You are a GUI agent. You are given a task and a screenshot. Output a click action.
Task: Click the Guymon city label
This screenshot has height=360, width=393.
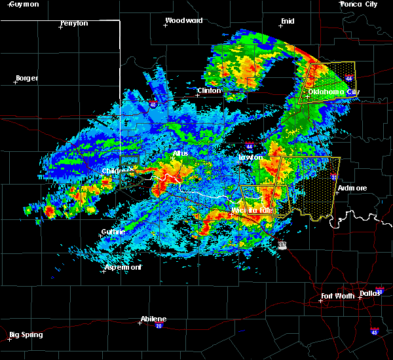(25, 4)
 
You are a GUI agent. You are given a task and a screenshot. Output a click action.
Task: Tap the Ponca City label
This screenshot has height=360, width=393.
(360, 4)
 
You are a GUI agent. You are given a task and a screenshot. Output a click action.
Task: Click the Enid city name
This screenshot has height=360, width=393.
(287, 21)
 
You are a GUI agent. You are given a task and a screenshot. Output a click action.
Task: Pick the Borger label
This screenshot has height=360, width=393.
(27, 78)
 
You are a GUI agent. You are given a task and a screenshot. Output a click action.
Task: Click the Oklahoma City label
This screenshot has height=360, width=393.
(334, 92)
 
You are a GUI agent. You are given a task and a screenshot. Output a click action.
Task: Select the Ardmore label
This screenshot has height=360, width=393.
(352, 188)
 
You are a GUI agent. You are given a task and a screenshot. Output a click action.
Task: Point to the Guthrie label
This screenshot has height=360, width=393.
(113, 232)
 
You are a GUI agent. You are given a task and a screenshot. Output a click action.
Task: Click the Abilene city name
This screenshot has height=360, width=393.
(153, 319)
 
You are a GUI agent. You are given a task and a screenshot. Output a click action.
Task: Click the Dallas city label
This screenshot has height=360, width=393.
(370, 293)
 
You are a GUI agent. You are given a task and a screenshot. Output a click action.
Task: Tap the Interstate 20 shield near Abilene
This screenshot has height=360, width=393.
(159, 325)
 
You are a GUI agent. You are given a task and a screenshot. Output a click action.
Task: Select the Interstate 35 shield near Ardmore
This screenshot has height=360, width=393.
(333, 176)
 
